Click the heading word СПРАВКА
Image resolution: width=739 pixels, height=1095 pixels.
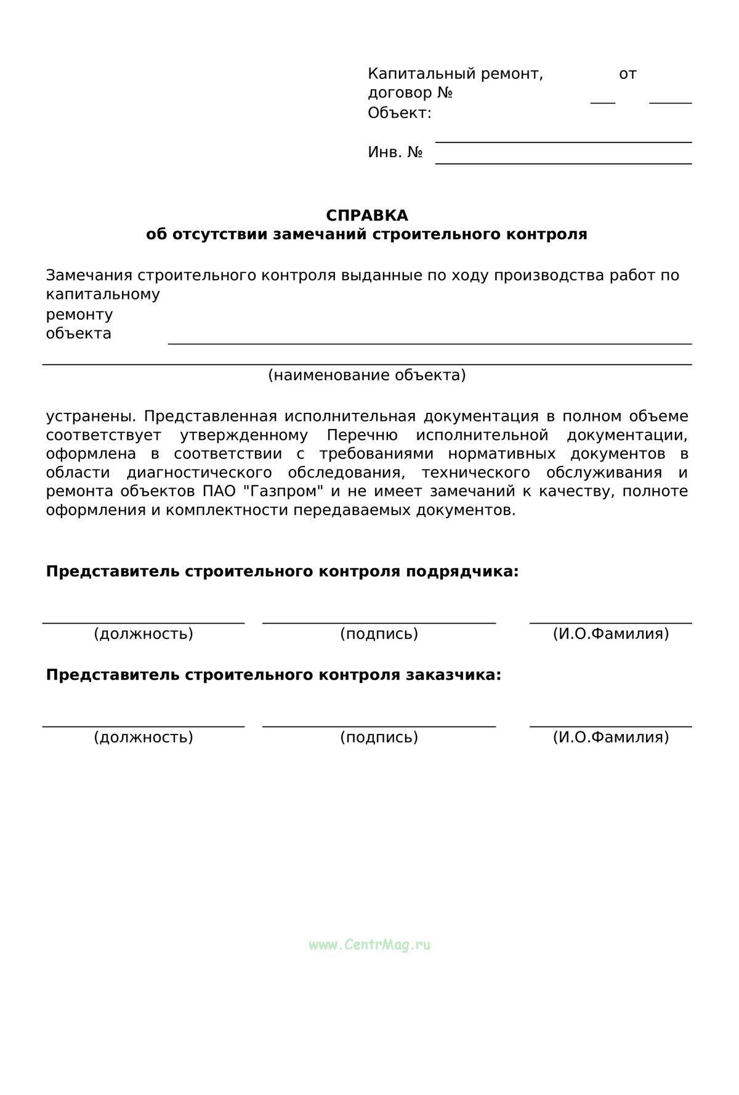(x=366, y=216)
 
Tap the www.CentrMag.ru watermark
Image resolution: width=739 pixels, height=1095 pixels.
(x=369, y=945)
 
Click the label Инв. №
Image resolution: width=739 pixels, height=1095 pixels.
(x=395, y=152)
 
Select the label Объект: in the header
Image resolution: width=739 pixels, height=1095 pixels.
(x=399, y=113)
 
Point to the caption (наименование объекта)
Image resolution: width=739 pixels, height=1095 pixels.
(x=366, y=375)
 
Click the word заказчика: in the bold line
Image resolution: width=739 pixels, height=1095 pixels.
(x=453, y=675)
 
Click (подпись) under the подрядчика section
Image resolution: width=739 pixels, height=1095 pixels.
(x=379, y=634)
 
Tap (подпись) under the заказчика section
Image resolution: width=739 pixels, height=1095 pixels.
(x=379, y=738)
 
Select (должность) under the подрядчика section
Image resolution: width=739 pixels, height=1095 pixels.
(x=143, y=634)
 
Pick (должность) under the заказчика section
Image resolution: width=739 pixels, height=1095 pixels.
(x=143, y=738)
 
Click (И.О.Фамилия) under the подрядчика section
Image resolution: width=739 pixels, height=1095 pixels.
(x=610, y=634)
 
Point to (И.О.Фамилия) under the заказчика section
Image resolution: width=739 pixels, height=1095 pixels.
(x=610, y=738)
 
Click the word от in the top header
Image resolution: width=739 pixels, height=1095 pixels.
(x=628, y=75)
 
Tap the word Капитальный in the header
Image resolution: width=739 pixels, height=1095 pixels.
(x=413, y=75)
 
